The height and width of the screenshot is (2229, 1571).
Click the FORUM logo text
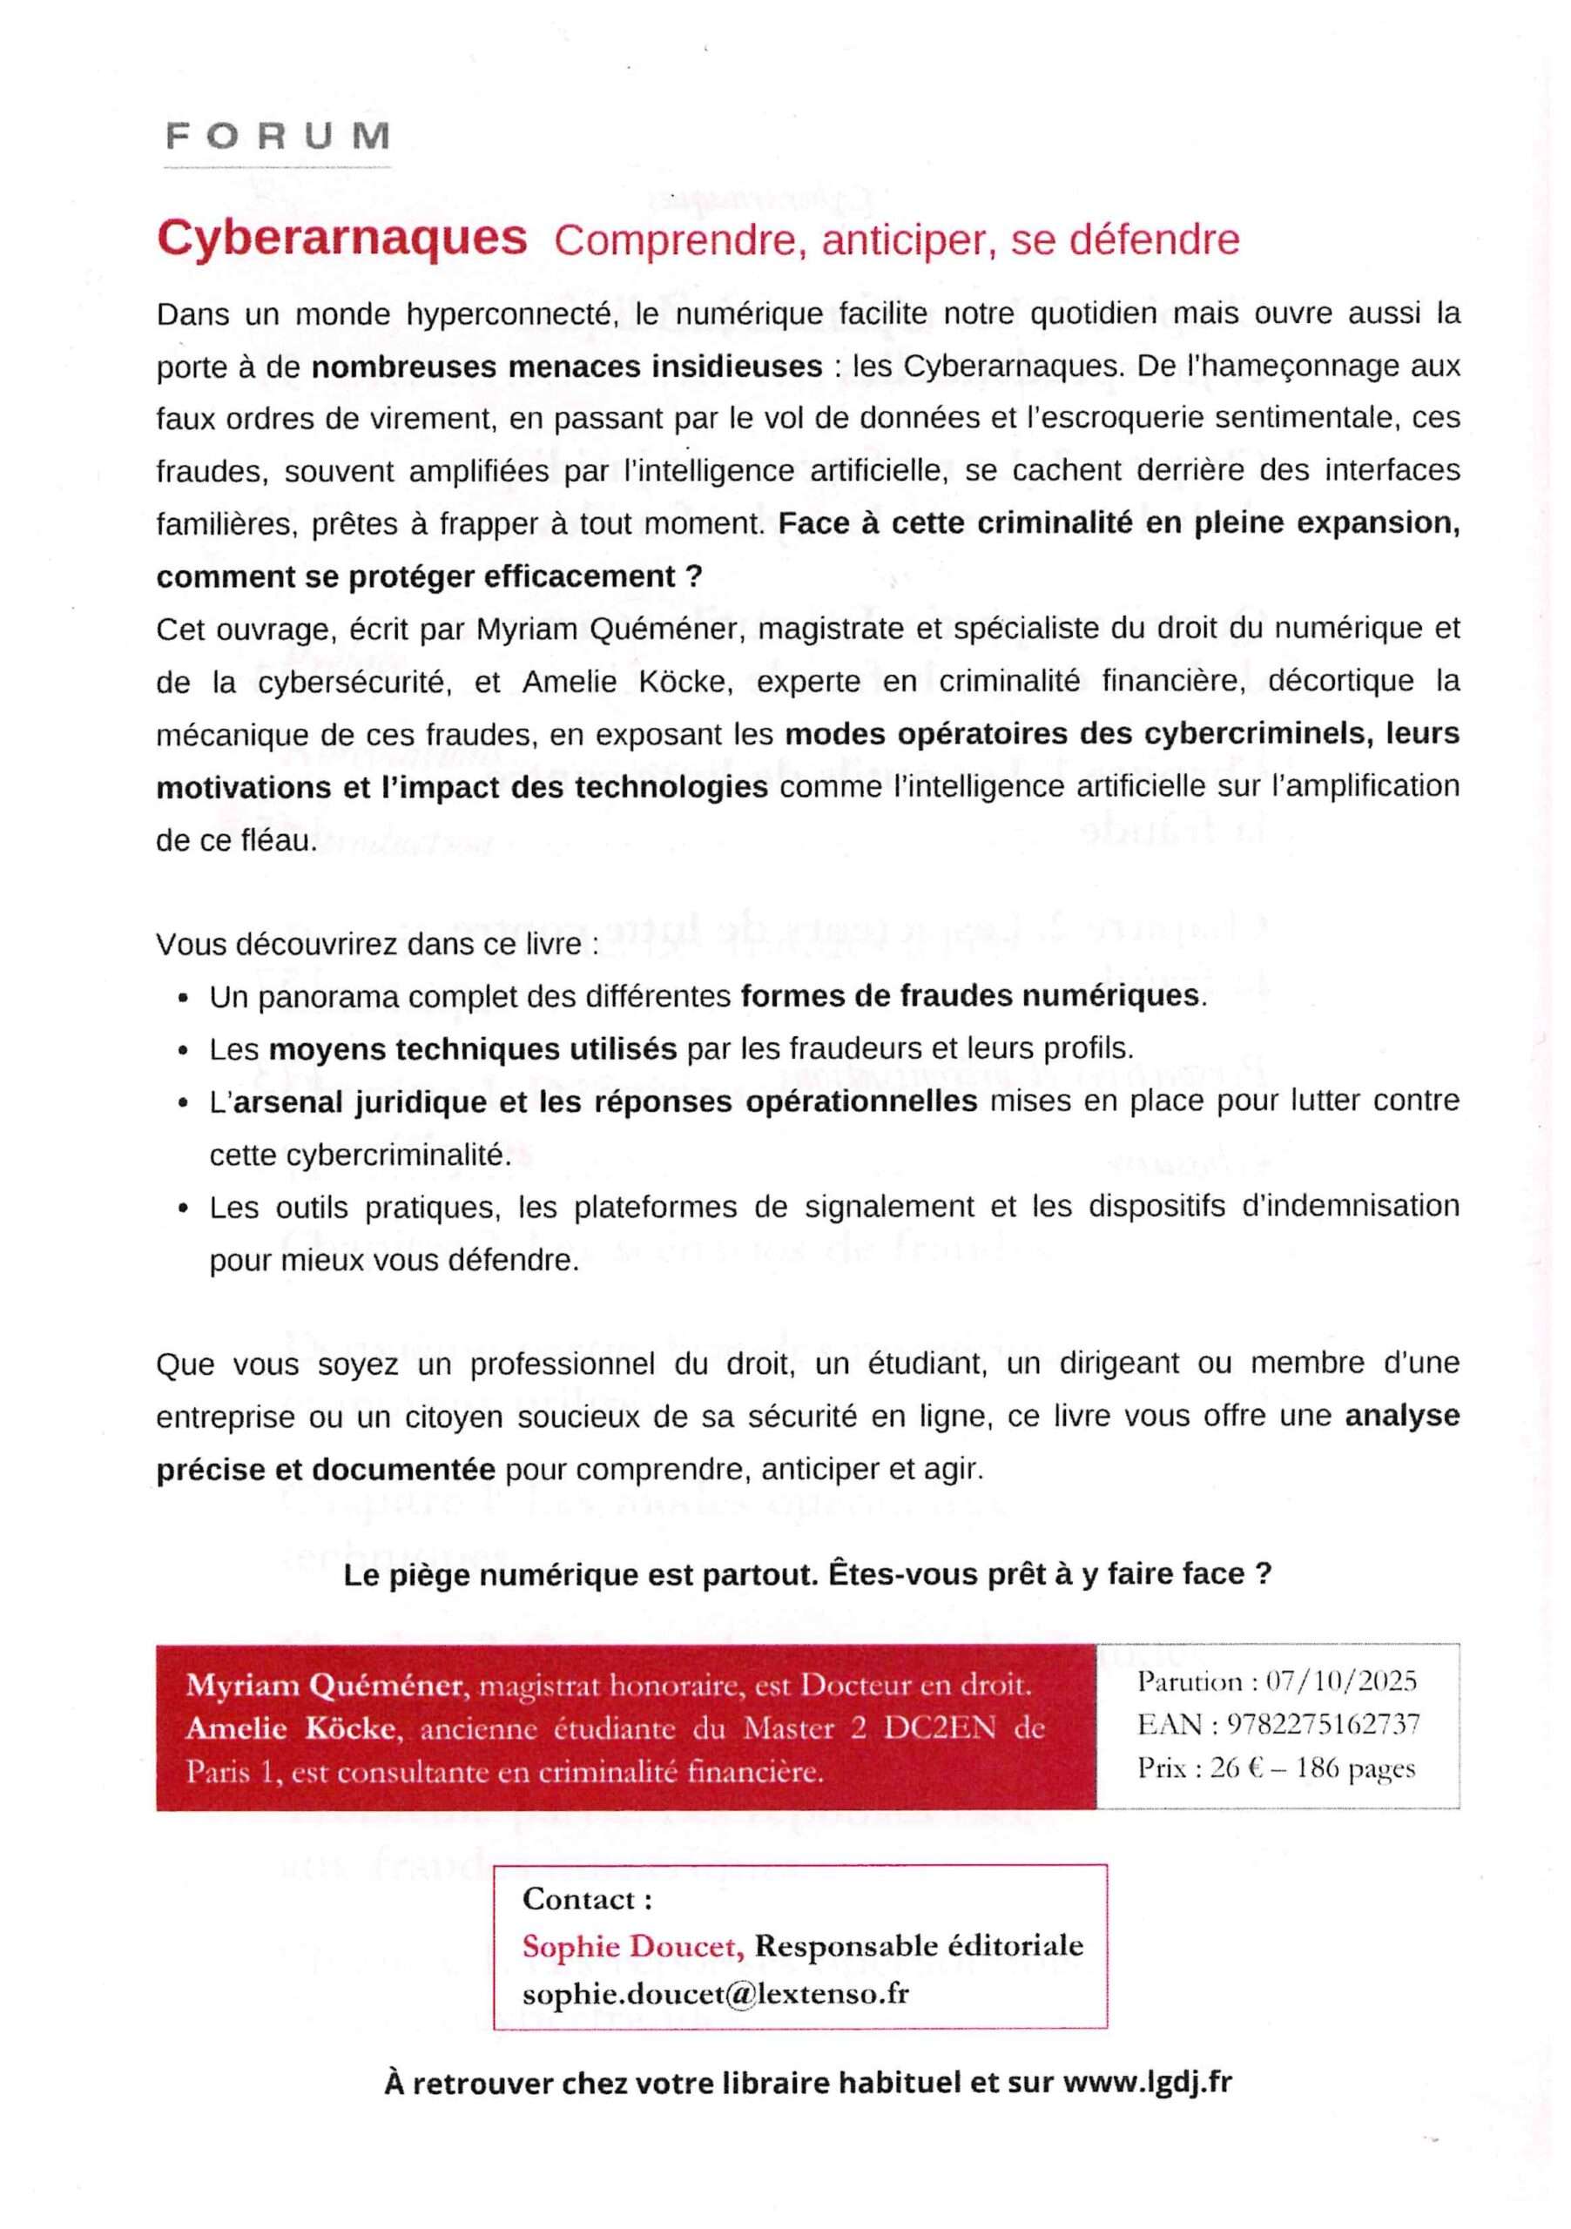[278, 136]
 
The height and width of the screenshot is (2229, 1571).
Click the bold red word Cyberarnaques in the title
[341, 238]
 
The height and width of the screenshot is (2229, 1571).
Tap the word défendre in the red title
[1155, 239]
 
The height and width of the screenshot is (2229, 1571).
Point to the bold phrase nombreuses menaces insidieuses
[567, 367]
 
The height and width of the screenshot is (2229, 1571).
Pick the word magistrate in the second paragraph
[827, 630]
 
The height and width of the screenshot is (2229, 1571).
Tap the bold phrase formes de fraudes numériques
[970, 996]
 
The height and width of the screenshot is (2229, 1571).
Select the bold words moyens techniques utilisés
[472, 1049]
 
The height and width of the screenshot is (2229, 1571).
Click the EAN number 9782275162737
[1323, 1724]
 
